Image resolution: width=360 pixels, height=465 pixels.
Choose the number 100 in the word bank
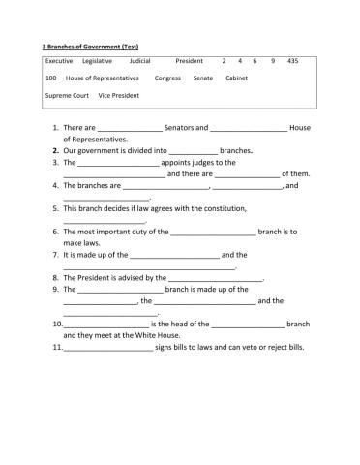[x=51, y=78]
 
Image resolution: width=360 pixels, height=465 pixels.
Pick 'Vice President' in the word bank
[x=119, y=96]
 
